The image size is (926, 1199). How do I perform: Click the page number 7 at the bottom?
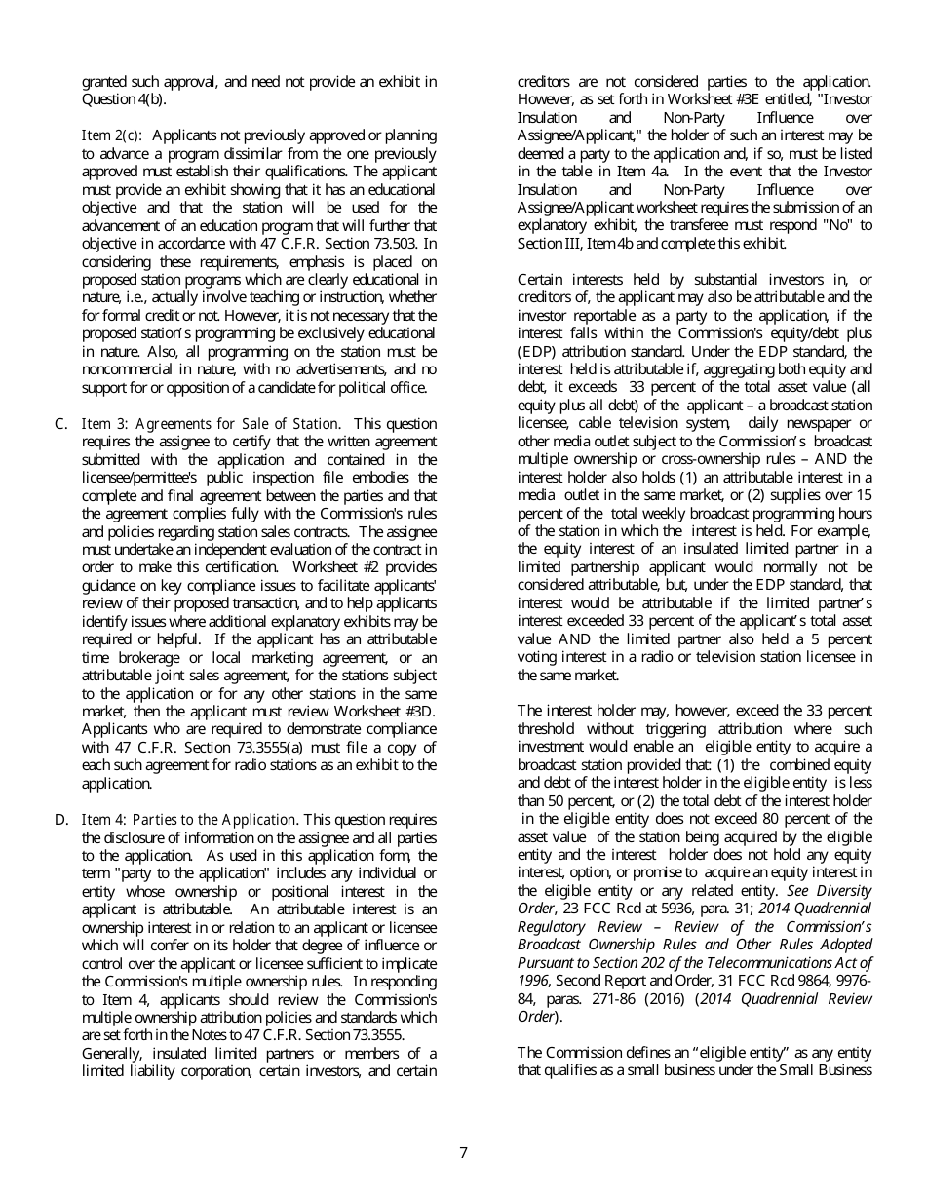click(x=463, y=1153)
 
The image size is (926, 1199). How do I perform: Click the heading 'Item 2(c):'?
click(x=113, y=135)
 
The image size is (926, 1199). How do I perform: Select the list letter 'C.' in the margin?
click(x=60, y=423)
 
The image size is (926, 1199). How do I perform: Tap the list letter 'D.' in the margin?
click(x=60, y=820)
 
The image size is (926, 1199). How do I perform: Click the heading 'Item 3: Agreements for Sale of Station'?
click(x=210, y=423)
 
